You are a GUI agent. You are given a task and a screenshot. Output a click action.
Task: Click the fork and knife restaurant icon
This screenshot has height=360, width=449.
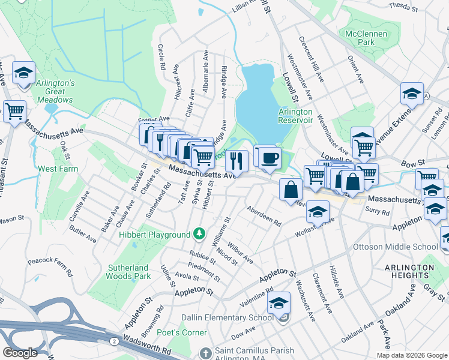(x=237, y=161)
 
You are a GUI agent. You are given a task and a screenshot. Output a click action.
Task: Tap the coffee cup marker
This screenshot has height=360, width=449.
(x=268, y=157)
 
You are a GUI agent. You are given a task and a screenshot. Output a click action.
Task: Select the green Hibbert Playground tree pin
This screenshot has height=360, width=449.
(x=198, y=233)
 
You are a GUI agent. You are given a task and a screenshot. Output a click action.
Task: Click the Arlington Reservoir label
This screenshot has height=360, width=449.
(x=295, y=116)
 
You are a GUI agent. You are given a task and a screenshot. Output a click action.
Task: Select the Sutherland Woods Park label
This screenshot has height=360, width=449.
(x=128, y=272)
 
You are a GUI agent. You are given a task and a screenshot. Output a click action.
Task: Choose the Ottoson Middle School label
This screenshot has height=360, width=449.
(x=403, y=247)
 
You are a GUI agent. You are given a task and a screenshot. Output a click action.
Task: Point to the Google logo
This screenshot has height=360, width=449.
(x=20, y=353)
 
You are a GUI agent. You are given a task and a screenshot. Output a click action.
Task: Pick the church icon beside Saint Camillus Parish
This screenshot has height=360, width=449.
(x=205, y=352)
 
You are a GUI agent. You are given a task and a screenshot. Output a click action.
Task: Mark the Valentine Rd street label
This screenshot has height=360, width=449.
(x=260, y=298)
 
